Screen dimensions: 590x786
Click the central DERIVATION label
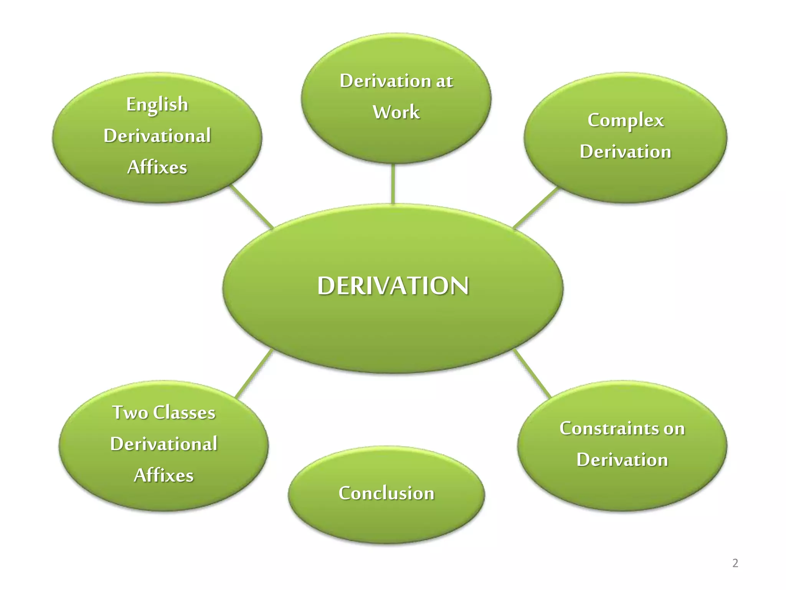(x=393, y=286)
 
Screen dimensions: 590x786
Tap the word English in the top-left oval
(x=157, y=104)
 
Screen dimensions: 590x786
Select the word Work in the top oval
(x=396, y=112)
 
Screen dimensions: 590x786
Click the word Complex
(x=626, y=121)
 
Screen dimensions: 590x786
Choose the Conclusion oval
(x=386, y=493)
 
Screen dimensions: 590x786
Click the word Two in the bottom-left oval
(x=130, y=413)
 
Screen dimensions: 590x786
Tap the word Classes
(x=184, y=413)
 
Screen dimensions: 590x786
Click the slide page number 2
(x=735, y=563)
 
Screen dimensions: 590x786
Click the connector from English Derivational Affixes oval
(x=251, y=207)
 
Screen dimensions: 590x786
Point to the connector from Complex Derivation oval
(x=535, y=207)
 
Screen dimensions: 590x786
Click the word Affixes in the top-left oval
(x=157, y=167)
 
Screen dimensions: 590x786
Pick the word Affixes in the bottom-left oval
(x=164, y=476)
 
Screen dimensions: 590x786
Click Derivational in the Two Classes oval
(x=164, y=444)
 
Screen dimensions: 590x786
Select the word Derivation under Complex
(x=626, y=152)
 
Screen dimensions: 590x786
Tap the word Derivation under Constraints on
(x=622, y=460)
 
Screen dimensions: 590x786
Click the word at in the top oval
(x=444, y=81)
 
